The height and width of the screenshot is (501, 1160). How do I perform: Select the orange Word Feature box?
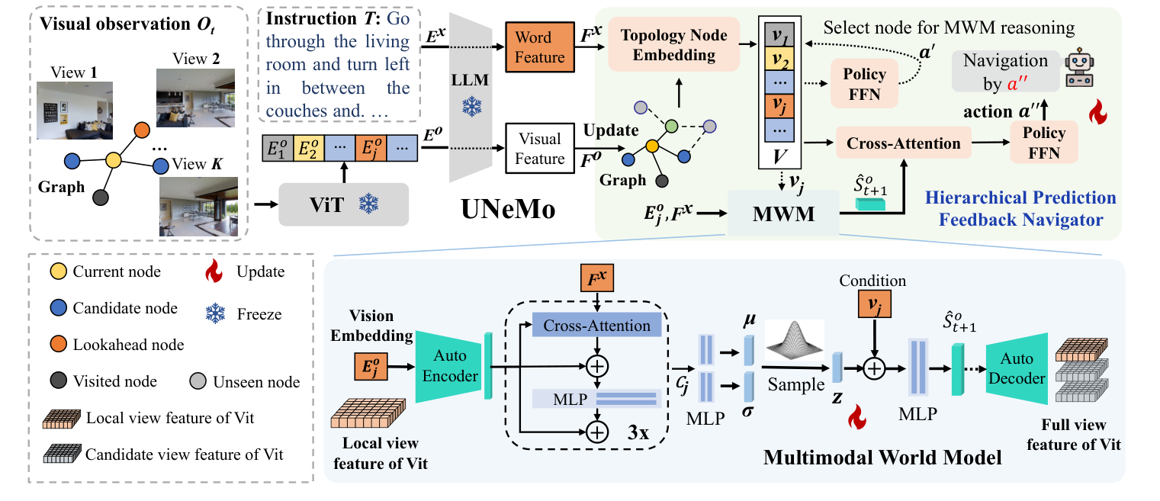[539, 47]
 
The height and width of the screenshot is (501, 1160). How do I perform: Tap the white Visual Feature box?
[539, 149]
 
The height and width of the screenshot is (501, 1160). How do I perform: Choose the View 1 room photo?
[75, 110]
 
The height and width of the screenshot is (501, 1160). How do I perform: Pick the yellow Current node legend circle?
[56, 271]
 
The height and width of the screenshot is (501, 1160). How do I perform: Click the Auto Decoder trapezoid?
[1016, 367]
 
